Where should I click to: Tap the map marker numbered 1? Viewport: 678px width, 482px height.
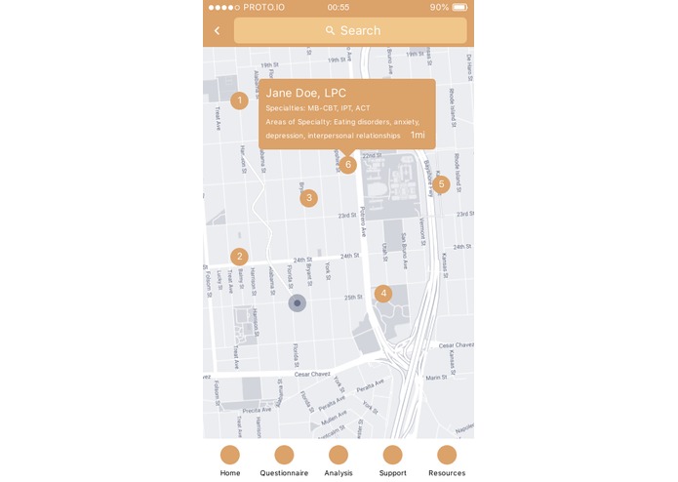[239, 100]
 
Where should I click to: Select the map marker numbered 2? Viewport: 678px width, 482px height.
[239, 257]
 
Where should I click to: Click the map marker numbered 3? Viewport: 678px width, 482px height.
[308, 198]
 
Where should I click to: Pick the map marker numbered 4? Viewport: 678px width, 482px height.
[383, 293]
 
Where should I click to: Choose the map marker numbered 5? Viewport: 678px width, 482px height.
[441, 183]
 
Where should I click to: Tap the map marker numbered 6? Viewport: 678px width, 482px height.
[347, 164]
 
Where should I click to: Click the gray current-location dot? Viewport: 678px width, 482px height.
[298, 303]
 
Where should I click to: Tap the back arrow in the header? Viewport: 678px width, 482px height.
[217, 31]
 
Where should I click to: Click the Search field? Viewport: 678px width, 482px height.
[350, 31]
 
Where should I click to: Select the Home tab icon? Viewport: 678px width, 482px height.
[230, 455]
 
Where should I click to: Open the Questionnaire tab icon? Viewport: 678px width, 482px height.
[284, 455]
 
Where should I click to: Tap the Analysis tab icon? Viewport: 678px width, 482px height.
[339, 455]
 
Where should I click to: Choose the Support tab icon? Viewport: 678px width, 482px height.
[392, 455]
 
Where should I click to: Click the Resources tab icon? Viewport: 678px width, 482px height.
[447, 455]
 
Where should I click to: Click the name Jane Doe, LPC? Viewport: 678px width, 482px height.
[305, 93]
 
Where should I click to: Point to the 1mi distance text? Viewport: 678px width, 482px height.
[418, 135]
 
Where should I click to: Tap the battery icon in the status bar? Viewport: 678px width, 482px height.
[459, 7]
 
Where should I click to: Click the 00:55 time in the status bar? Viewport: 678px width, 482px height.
[339, 7]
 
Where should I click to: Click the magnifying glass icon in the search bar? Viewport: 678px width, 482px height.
[330, 31]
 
